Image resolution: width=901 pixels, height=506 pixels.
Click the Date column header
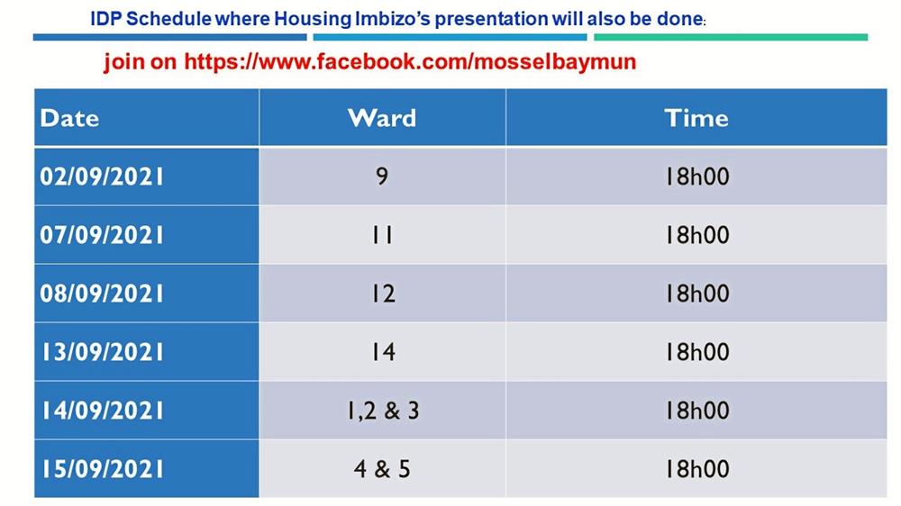click(69, 118)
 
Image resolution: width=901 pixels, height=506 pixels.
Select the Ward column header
click(382, 118)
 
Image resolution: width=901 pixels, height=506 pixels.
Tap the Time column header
click(696, 118)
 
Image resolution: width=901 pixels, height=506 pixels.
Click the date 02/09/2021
click(102, 176)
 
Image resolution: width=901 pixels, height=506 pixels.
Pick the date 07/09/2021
click(102, 236)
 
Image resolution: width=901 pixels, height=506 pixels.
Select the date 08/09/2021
click(102, 294)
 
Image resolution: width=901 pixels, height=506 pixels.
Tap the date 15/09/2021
click(102, 470)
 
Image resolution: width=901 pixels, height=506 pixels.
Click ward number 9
click(382, 176)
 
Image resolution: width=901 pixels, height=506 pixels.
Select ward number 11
click(382, 236)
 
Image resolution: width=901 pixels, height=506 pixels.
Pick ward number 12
click(383, 294)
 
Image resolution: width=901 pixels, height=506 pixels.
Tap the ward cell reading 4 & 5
click(382, 469)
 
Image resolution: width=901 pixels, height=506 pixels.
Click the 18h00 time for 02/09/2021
click(697, 176)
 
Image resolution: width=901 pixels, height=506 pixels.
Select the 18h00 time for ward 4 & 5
click(697, 469)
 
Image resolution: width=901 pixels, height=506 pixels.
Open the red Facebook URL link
click(410, 61)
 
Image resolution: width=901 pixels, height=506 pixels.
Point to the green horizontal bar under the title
click(731, 37)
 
